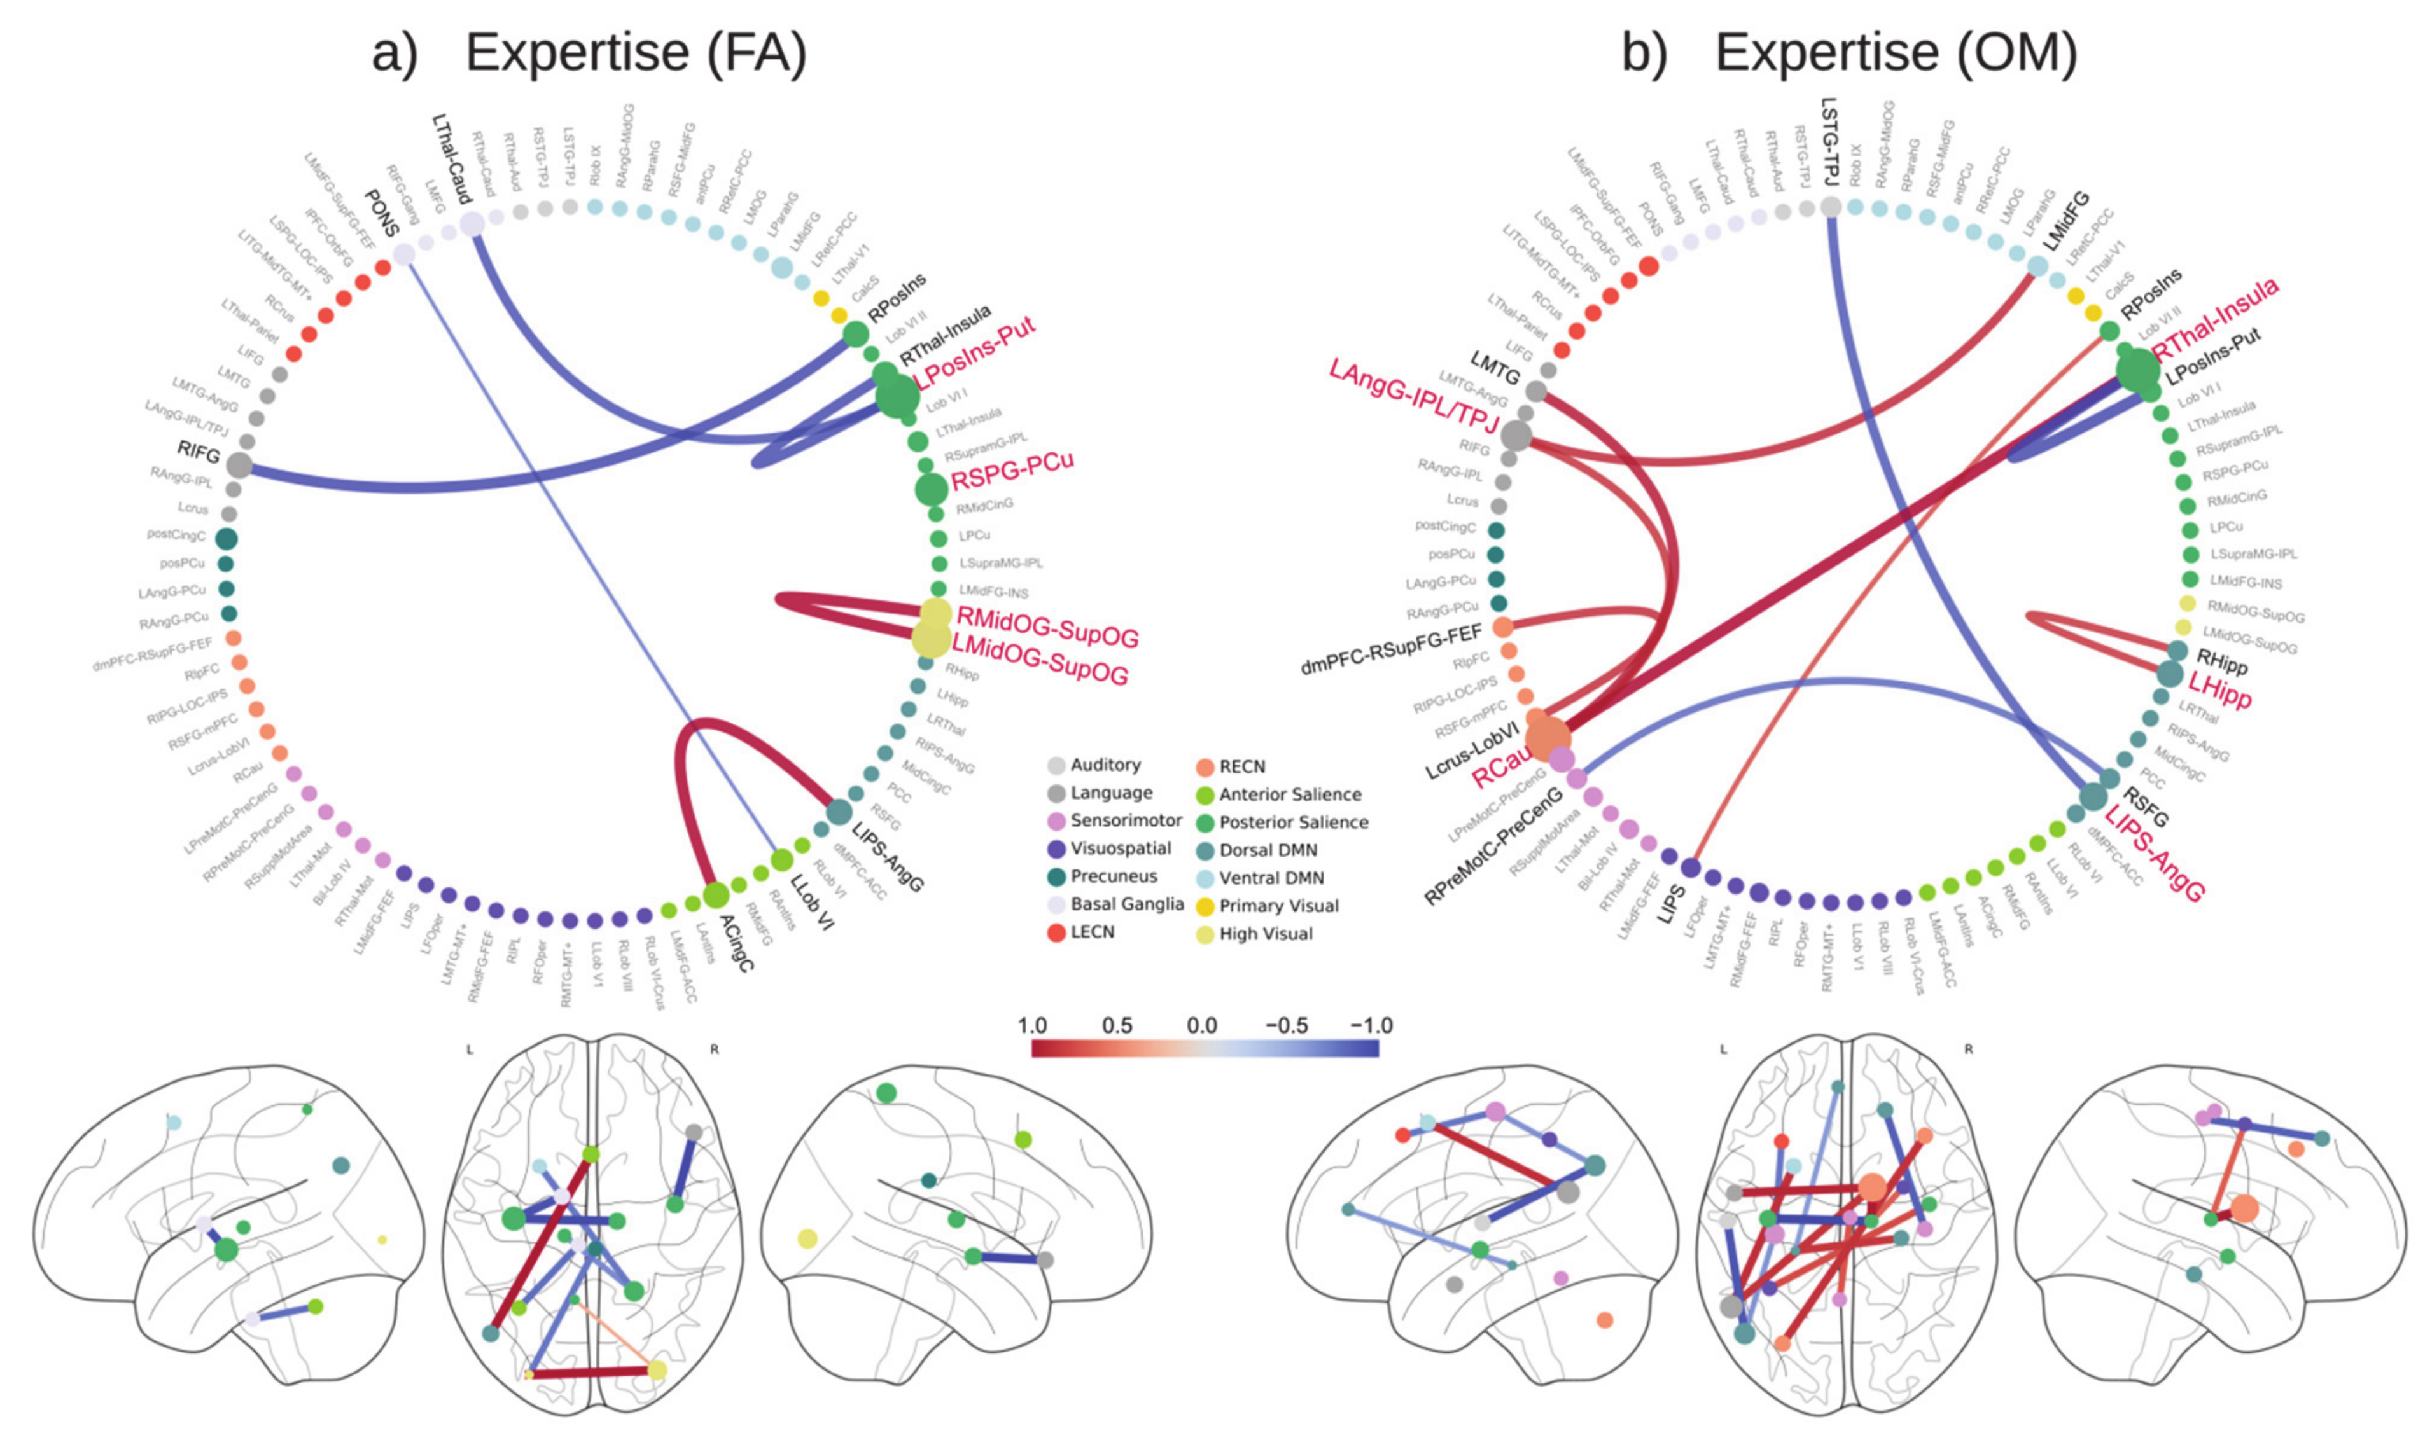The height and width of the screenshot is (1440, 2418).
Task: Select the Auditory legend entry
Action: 1105,766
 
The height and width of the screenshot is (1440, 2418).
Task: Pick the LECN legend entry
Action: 1092,932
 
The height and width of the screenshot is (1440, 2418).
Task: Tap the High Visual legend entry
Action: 1266,934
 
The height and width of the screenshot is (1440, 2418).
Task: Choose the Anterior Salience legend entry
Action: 1290,794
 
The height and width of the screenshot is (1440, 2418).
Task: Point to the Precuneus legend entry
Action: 1114,877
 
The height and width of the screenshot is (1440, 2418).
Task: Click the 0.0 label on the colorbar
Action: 1202,1026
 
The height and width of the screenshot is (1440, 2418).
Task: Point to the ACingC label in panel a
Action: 735,930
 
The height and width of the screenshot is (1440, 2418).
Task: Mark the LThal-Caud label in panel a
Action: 451,160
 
